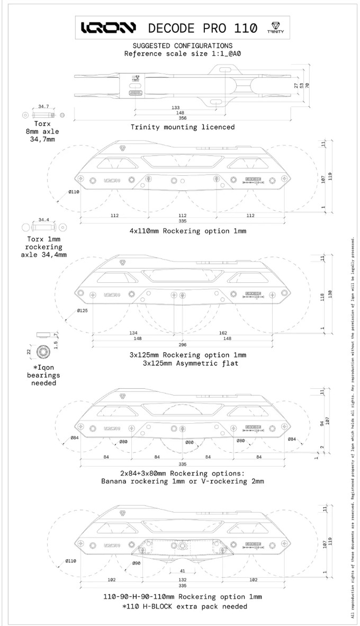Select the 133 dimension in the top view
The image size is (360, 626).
coord(175,108)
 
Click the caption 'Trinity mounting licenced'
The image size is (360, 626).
coord(182,127)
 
